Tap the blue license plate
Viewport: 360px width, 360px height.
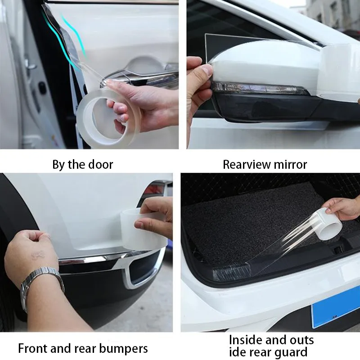pyautogui.click(x=336, y=308)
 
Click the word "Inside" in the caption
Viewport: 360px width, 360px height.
pyautogui.click(x=245, y=340)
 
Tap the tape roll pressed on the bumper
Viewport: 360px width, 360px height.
pyautogui.click(x=144, y=229)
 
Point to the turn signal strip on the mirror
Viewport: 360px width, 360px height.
pyautogui.click(x=260, y=88)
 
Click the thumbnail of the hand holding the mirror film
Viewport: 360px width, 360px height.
pyautogui.click(x=207, y=70)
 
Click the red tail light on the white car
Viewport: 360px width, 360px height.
pyautogui.click(x=154, y=189)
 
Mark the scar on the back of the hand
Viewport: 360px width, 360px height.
pyautogui.click(x=37, y=255)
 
